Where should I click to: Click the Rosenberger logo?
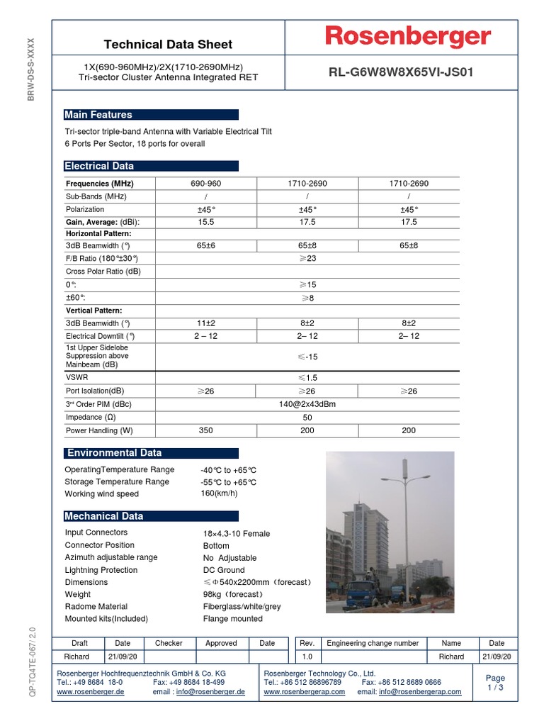407,37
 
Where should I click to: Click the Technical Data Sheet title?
168,45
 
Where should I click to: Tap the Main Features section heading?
98,115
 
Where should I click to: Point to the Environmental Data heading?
113,453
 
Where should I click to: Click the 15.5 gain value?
205,222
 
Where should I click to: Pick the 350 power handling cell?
205,430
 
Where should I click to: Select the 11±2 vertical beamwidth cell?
205,323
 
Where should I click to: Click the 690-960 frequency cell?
205,184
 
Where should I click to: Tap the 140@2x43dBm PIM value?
307,404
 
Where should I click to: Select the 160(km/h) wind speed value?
219,493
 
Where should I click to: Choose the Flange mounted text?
232,619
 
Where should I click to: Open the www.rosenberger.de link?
90,692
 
